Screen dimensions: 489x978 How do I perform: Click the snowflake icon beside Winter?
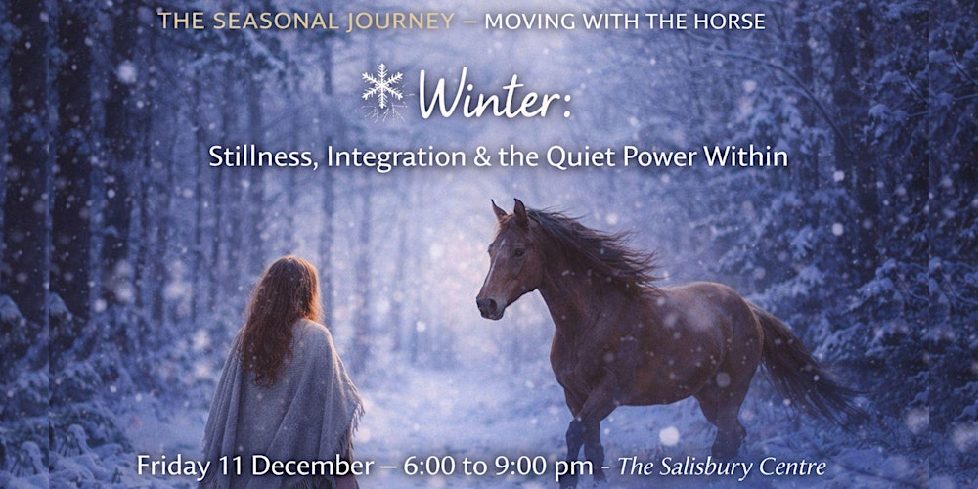coord(382,89)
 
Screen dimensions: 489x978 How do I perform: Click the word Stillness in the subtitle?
coord(250,157)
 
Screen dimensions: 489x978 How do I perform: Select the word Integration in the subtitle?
coord(367,158)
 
